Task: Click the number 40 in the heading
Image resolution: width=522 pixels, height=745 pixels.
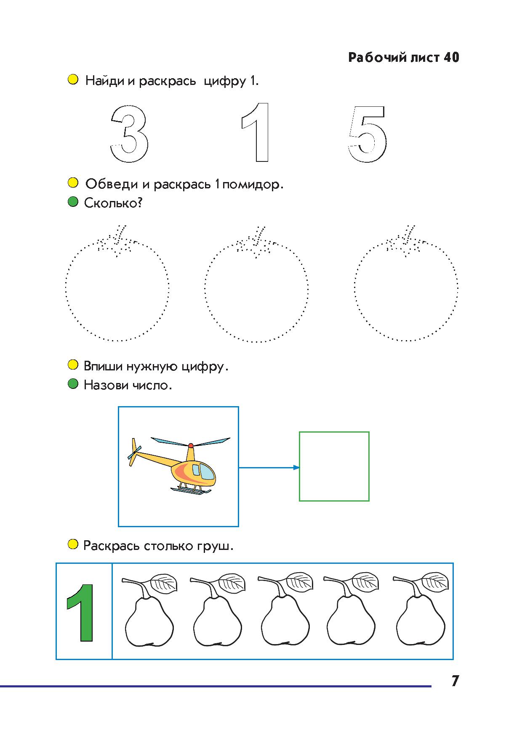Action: pyautogui.click(x=451, y=58)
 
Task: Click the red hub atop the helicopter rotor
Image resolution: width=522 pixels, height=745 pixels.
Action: pyautogui.click(x=191, y=445)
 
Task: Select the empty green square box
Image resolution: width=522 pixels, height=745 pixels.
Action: pyautogui.click(x=334, y=432)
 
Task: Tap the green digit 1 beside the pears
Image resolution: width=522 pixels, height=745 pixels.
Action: pyautogui.click(x=81, y=612)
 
